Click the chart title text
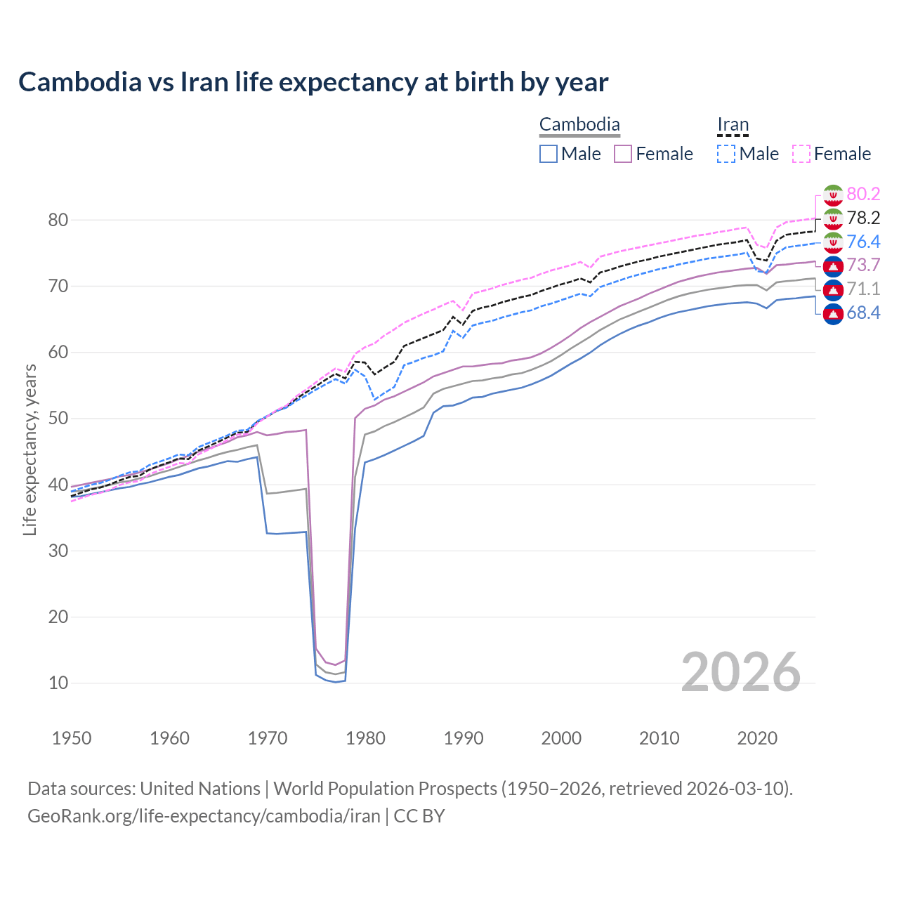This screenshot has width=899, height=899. tap(313, 82)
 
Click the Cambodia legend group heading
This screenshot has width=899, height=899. tap(579, 125)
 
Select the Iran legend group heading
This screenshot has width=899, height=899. tap(733, 125)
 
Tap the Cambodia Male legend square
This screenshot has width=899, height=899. tap(549, 154)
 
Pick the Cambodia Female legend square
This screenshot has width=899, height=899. tap(623, 154)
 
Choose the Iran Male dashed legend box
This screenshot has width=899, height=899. tap(726, 154)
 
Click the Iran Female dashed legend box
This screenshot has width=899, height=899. tap(801, 154)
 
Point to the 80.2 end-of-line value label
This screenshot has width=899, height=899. tap(863, 195)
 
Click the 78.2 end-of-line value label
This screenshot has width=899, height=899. tap(863, 218)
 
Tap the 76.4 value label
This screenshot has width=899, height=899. tap(863, 242)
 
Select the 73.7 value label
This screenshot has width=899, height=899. tap(863, 265)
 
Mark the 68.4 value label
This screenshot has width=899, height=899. tap(863, 313)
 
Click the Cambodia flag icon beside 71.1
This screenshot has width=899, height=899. tap(833, 289)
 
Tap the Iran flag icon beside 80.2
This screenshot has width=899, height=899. tap(833, 195)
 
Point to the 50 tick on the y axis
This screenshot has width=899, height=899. tap(58, 419)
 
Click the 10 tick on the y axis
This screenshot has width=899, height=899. tap(58, 683)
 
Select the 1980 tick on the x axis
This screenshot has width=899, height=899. tap(366, 738)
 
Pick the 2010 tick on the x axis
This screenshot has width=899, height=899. tap(659, 738)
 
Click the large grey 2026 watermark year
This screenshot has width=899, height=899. tap(740, 672)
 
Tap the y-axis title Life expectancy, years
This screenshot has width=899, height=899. tap(29, 449)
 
